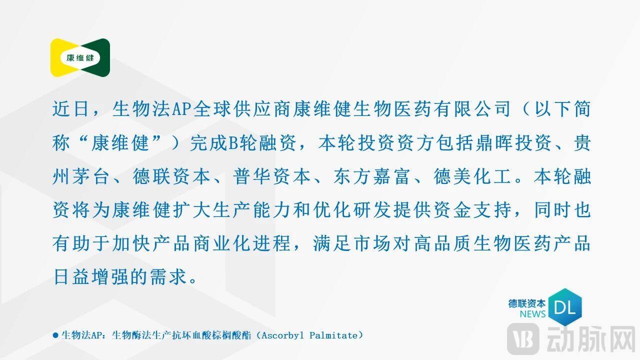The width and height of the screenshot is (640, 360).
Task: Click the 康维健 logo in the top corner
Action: pos(80,57)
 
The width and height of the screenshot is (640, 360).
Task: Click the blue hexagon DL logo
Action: pos(565,307)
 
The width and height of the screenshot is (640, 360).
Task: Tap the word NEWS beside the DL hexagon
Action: pos(532,314)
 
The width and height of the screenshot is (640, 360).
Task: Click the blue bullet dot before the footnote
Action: pos(55,335)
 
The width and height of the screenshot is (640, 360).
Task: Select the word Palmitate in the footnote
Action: pos(333,335)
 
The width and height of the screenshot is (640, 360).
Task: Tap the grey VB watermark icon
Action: pos(522,339)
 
